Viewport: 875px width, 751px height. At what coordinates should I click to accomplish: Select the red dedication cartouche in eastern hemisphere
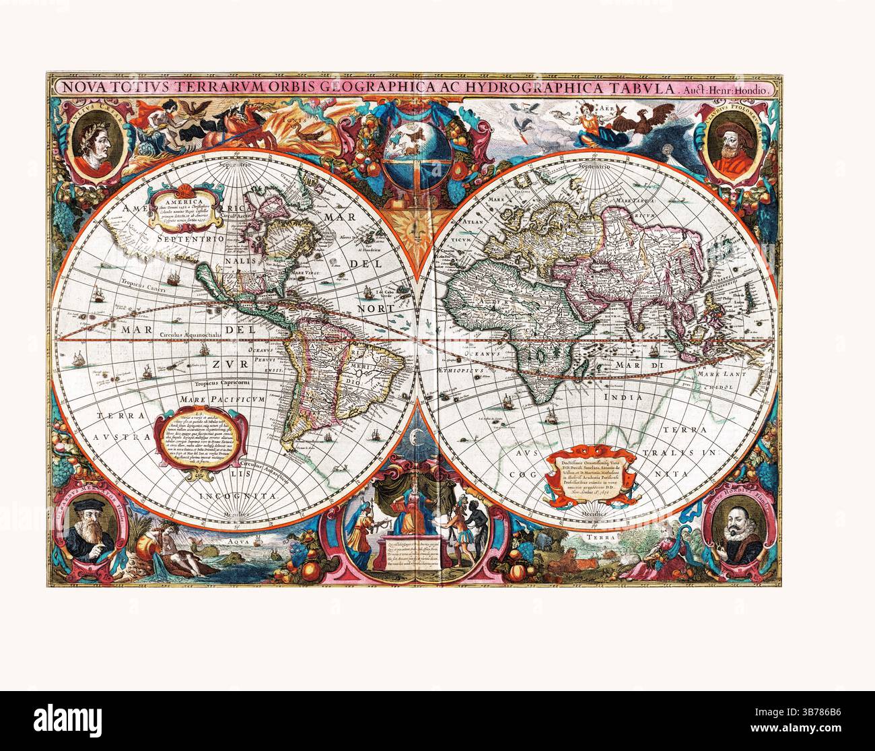click(x=590, y=476)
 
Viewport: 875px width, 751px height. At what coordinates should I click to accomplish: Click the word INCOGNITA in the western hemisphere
click(x=244, y=495)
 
